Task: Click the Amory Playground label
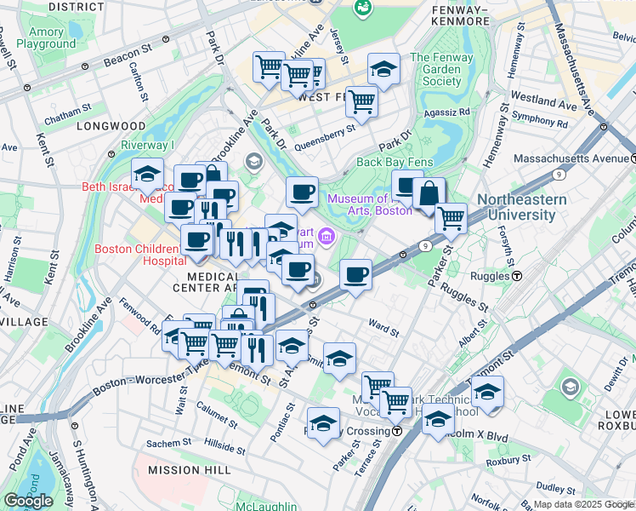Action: [x=45, y=37]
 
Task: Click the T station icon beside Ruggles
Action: [x=516, y=276]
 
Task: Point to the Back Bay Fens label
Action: [x=395, y=162]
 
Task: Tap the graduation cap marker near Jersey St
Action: [x=383, y=70]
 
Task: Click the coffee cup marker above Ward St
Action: [x=356, y=275]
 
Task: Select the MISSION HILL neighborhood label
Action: [x=184, y=469]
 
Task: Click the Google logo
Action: [x=28, y=501]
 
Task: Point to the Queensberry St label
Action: [x=324, y=138]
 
